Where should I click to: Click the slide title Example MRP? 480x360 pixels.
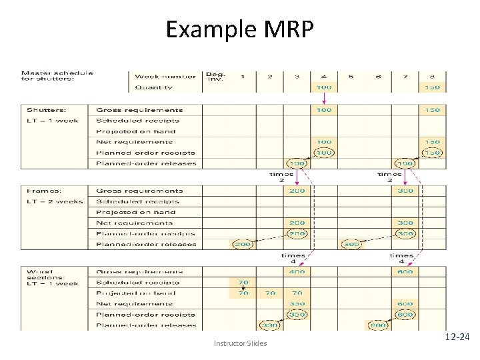[239, 29]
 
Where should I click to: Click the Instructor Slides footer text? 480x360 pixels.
[240, 343]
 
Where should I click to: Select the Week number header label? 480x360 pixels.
[165, 76]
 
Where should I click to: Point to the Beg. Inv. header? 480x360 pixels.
[215, 76]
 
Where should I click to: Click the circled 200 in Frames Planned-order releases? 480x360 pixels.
[243, 245]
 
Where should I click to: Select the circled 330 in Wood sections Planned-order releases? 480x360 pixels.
[269, 325]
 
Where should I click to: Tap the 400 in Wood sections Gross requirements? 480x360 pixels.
[297, 271]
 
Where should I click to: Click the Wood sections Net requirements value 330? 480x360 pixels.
[297, 303]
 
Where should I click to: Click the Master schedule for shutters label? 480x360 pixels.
[57, 76]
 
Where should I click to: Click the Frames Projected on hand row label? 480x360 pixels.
[135, 213]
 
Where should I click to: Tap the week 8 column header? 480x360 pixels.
[432, 76]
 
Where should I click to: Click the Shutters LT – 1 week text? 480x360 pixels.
[53, 121]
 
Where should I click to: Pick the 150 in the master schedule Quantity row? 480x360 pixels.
[432, 87]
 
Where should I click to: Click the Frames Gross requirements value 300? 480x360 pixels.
[405, 191]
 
